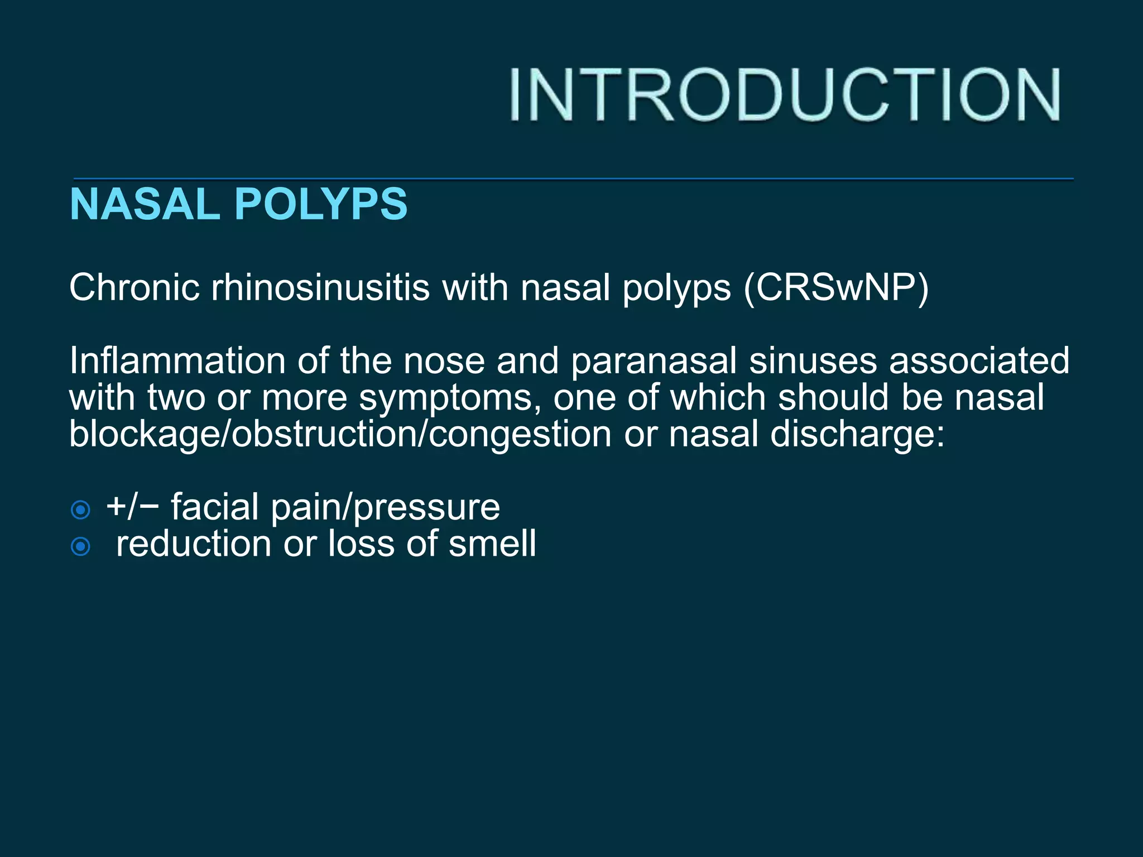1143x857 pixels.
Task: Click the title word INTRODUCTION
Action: tap(784, 94)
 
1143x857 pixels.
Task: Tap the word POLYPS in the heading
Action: tap(324, 204)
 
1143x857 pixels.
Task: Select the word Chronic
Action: tap(135, 288)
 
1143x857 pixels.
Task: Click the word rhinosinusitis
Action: tap(320, 288)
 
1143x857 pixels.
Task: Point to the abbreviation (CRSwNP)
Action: tap(836, 288)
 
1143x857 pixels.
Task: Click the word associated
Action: tap(979, 360)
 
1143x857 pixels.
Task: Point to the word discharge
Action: tap(858, 434)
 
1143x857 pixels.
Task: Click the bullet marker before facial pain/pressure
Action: tap(81, 509)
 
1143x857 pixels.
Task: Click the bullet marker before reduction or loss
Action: tap(81, 546)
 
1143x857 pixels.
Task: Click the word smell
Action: tap(492, 543)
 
